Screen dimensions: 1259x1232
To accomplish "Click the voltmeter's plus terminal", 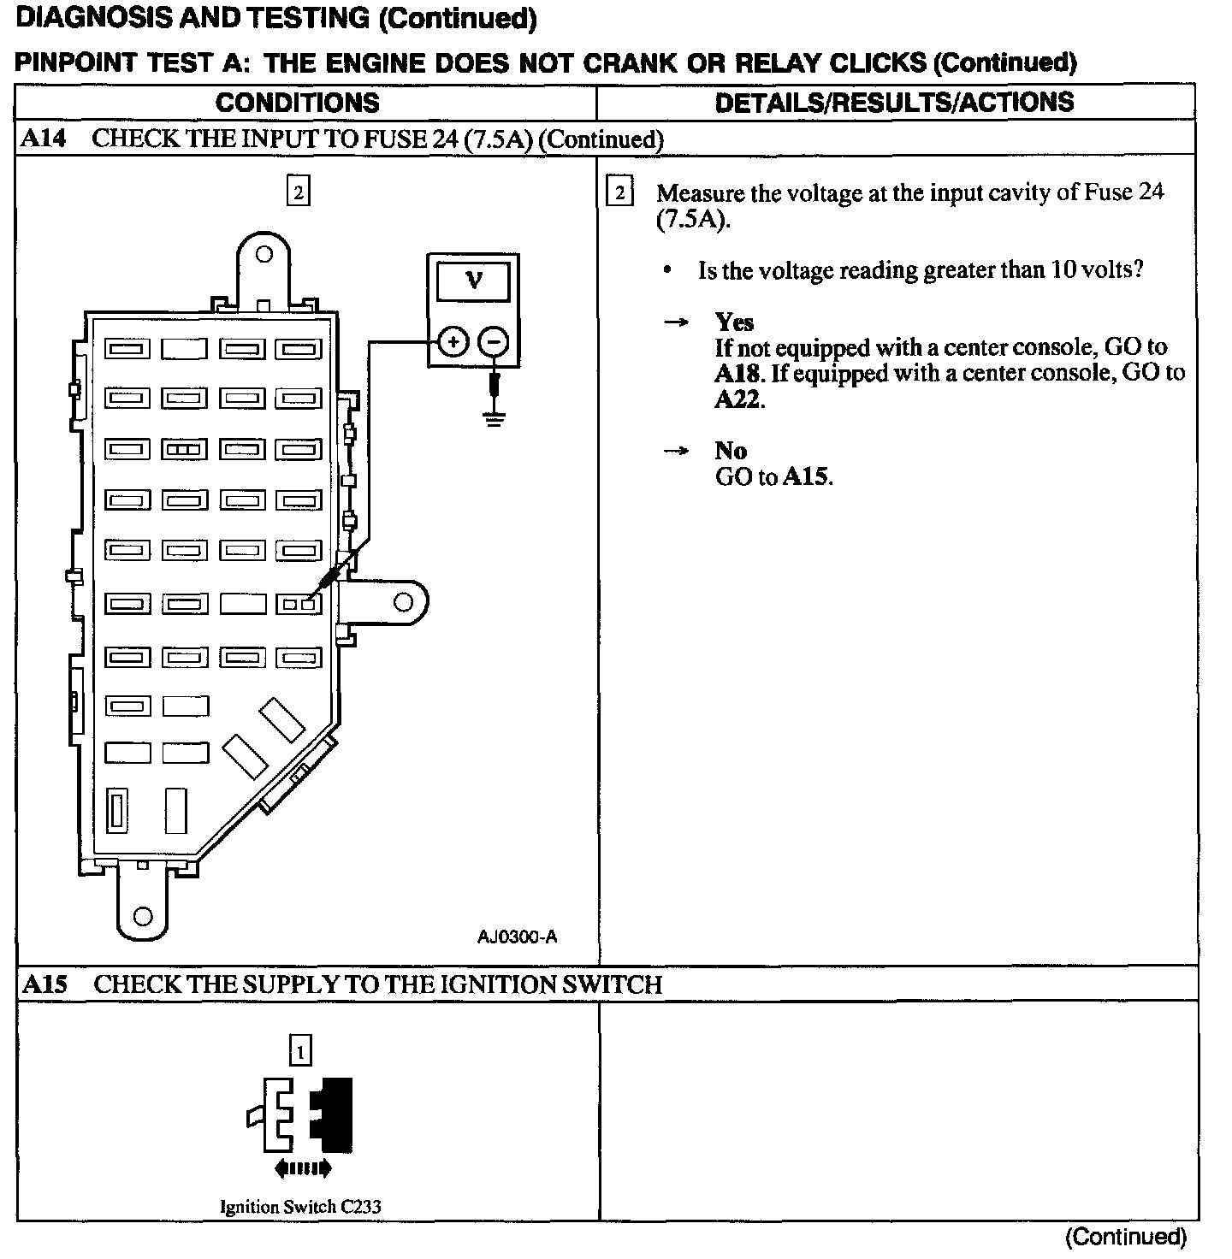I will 454,343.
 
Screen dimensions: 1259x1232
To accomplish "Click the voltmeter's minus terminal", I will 493,343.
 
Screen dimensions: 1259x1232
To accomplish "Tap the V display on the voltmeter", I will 473,281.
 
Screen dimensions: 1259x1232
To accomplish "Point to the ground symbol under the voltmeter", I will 494,418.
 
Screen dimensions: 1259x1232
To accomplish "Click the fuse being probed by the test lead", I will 299,604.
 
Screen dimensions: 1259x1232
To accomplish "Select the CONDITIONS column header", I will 297,103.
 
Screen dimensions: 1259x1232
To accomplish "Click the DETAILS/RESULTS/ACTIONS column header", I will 894,103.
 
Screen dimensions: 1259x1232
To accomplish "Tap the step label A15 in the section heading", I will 44,984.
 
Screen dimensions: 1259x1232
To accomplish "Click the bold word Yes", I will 734,322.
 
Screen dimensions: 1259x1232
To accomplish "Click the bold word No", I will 731,451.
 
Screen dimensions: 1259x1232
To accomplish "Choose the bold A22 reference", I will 737,399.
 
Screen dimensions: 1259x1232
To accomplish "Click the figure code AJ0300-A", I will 517,937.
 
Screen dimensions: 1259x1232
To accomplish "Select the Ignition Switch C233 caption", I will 300,1207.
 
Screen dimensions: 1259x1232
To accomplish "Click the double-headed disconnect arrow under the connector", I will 302,1167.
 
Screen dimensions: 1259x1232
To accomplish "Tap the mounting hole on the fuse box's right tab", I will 402,603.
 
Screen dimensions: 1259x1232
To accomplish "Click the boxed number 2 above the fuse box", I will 297,192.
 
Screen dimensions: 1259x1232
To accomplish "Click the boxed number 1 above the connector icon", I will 300,1050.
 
